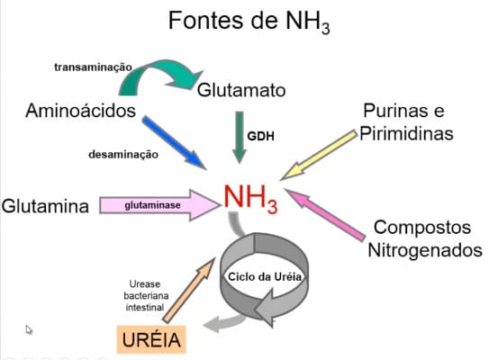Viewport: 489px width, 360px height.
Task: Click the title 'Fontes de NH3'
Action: click(249, 22)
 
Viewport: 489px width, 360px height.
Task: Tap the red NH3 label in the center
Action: click(250, 199)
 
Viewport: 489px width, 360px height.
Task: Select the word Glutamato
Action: click(241, 90)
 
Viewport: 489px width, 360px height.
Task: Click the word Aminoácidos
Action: click(80, 111)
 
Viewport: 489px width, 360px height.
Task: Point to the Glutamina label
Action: click(45, 206)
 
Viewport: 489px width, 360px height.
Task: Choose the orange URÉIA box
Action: click(151, 339)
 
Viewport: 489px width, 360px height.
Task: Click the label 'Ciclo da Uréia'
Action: click(265, 277)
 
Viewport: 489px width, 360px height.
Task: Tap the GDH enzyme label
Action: click(260, 136)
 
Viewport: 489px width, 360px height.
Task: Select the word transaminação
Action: click(93, 67)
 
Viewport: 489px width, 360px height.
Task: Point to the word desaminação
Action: click(123, 155)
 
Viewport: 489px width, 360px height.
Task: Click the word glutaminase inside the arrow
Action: click(152, 205)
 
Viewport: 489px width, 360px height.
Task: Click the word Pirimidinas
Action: click(406, 133)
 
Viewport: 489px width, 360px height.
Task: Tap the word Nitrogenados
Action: click(425, 250)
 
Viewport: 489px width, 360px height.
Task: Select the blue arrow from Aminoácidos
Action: click(174, 142)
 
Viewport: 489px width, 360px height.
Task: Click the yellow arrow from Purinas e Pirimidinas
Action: click(319, 155)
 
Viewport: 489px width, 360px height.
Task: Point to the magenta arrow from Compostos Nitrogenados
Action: click(325, 215)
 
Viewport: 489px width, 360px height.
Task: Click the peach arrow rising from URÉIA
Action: click(189, 291)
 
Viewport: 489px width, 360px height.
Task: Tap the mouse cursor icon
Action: click(29, 329)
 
